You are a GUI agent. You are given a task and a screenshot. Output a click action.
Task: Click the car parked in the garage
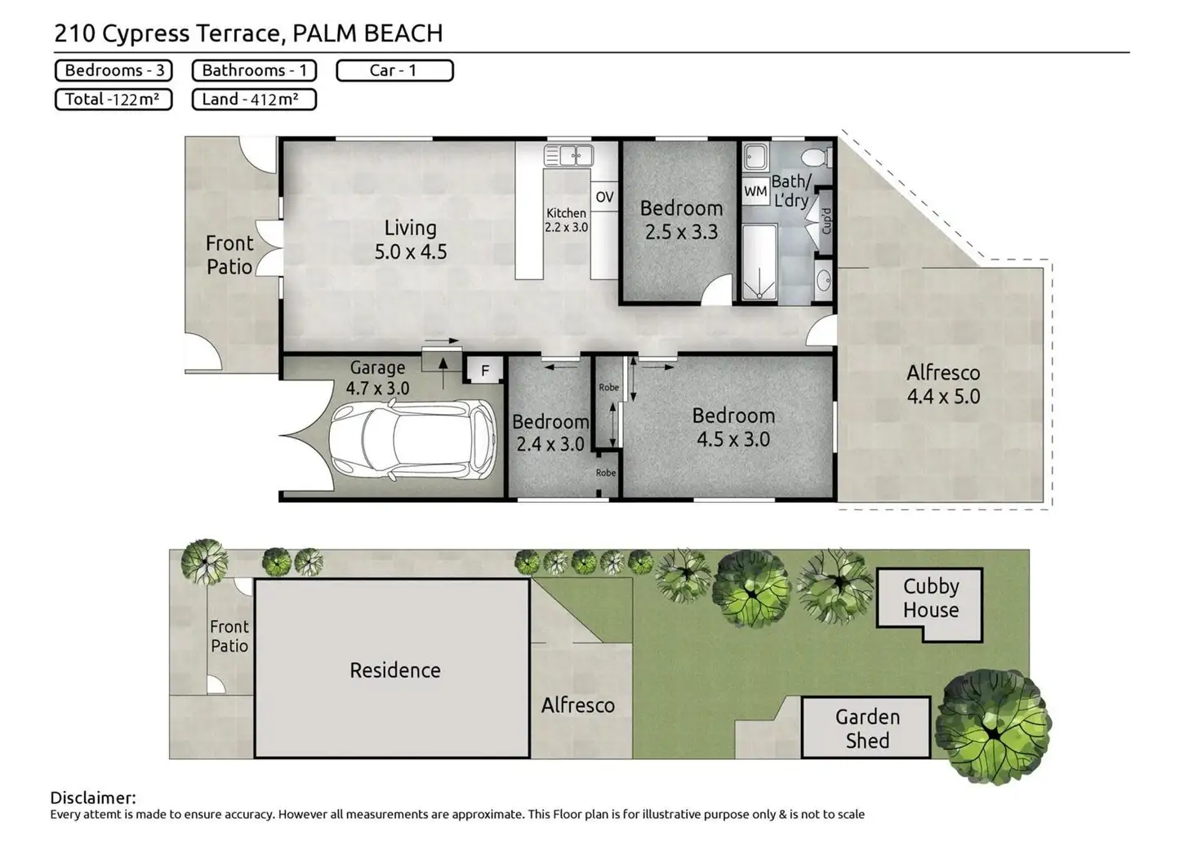point(413,441)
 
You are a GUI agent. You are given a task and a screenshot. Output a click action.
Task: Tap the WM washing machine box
point(755,192)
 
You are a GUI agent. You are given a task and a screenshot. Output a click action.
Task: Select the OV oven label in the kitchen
point(604,197)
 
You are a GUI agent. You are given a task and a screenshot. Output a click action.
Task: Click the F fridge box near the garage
point(485,371)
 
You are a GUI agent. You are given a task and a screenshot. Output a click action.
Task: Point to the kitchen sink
point(568,154)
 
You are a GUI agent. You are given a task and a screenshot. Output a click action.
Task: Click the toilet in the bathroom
point(814,156)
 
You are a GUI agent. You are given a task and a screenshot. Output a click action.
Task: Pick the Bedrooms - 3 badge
point(114,70)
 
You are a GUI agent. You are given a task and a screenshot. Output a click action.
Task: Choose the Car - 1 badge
point(394,70)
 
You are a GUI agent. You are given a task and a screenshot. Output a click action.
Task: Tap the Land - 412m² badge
point(253,100)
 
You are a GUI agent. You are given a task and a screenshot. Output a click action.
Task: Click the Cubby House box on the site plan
point(930,599)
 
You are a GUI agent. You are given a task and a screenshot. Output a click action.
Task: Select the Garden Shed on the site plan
point(866,728)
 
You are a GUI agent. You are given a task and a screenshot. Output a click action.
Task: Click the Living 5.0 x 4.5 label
point(411,239)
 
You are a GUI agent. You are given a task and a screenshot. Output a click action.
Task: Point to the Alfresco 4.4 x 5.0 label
point(943,384)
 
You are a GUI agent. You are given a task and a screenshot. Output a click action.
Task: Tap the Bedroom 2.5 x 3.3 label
point(681,220)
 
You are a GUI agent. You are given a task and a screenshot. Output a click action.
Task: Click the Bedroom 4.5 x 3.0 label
point(732,427)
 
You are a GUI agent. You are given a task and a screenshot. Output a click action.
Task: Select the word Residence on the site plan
point(395,670)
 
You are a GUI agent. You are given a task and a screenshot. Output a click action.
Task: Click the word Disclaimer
point(93,798)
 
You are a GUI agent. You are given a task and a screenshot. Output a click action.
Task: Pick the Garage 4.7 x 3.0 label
point(377,378)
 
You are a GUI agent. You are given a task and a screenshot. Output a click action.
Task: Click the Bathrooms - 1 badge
point(254,70)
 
